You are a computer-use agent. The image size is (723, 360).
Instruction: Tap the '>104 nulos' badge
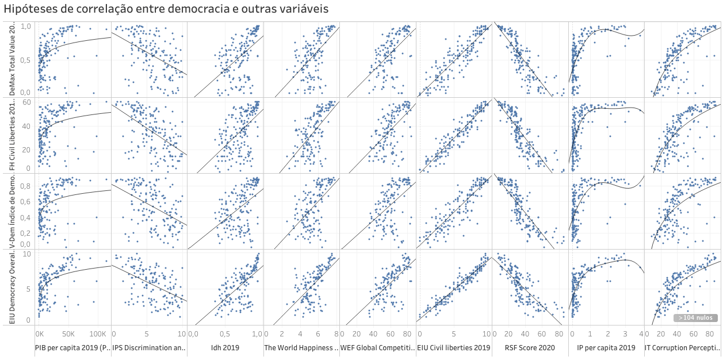point(695,317)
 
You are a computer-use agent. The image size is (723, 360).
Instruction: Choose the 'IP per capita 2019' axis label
point(603,348)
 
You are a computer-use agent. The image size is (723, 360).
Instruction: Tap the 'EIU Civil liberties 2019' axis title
point(453,348)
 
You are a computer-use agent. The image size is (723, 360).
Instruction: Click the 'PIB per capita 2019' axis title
point(72,348)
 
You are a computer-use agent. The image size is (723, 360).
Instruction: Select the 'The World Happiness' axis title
point(301,348)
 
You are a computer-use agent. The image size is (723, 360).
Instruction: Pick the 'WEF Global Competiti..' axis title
point(377,348)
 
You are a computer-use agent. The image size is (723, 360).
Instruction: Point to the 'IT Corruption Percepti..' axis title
point(682,348)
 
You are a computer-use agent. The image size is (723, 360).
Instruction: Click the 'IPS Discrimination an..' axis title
point(148,348)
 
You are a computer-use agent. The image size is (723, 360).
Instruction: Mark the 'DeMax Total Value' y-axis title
point(12,60)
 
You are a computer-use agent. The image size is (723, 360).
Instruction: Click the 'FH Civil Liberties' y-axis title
point(12,136)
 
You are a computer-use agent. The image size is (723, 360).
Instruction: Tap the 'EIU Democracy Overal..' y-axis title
point(12,288)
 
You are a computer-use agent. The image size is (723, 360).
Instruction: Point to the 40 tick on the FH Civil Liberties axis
point(26,125)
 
